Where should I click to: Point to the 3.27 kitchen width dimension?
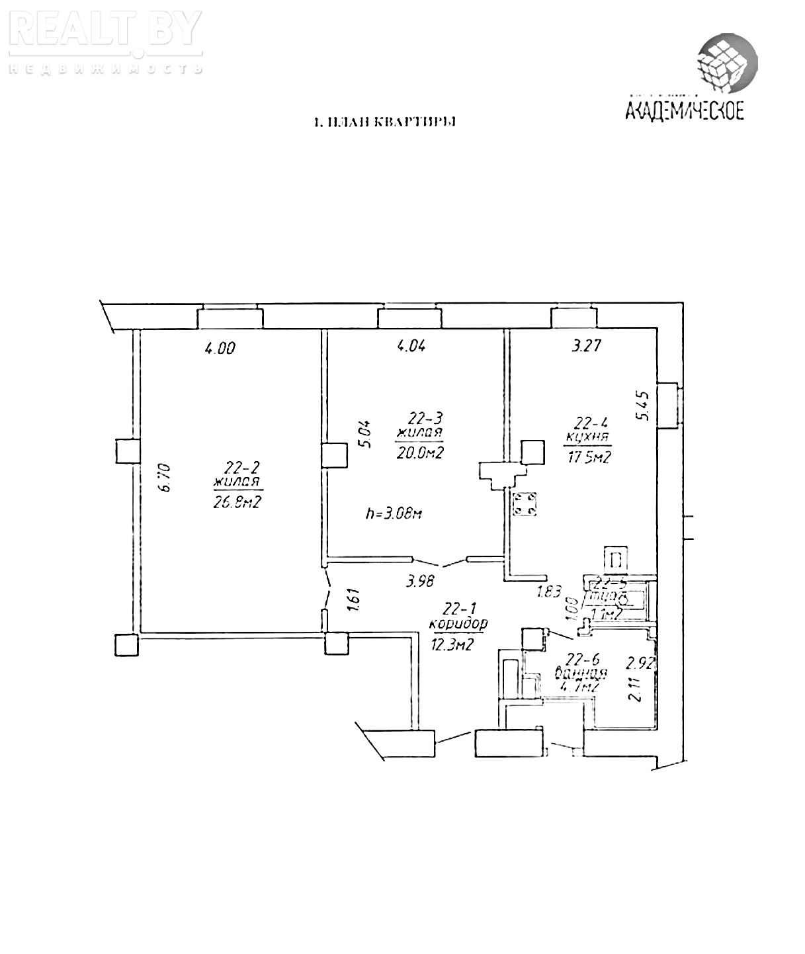tap(585, 345)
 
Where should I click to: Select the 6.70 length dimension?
tap(166, 477)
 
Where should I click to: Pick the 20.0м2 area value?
tap(419, 453)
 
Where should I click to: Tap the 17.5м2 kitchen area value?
tap(587, 458)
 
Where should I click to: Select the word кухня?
tap(588, 437)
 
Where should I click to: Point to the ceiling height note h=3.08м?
tap(393, 513)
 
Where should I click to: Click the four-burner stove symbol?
tap(527, 504)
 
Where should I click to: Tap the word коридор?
tap(458, 623)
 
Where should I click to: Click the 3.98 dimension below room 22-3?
tap(421, 582)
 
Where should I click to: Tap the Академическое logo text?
tap(685, 108)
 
